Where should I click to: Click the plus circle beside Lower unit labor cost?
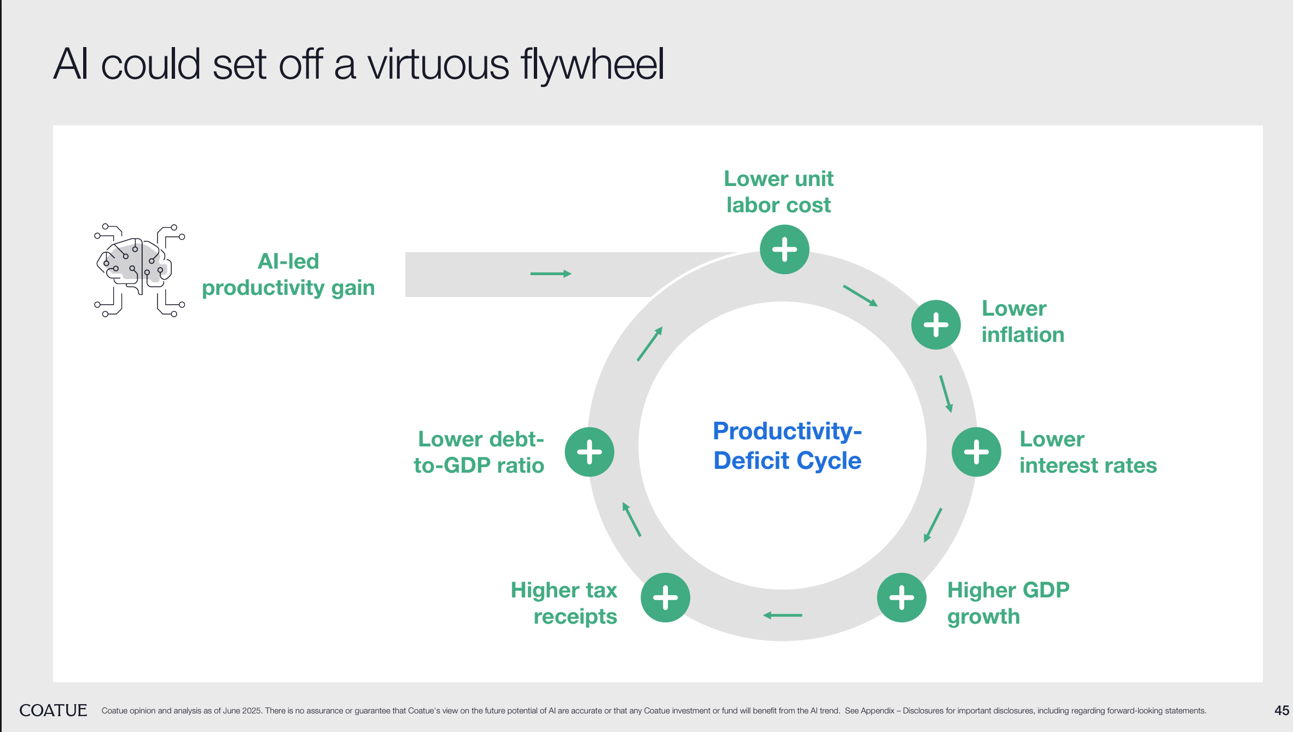[784, 249]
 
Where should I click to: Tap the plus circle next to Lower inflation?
[936, 324]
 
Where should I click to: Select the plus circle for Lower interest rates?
[976, 452]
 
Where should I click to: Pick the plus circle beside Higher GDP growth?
[901, 597]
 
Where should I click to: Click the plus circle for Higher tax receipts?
[665, 597]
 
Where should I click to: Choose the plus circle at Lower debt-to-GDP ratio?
[590, 452]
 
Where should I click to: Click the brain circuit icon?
[139, 270]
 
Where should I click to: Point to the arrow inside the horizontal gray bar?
[551, 274]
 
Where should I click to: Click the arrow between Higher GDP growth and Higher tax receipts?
[783, 615]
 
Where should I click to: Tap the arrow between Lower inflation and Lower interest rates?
[946, 394]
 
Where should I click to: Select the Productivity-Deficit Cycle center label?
[787, 445]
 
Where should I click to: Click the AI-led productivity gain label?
[288, 275]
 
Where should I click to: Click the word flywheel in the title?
[592, 65]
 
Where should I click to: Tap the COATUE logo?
[53, 710]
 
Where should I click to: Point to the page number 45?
[1282, 711]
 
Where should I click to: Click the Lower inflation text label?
[1023, 322]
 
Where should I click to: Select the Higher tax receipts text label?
[564, 603]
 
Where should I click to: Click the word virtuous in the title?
[438, 65]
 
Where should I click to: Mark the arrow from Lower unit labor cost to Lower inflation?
[860, 295]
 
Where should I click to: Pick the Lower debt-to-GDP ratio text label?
[479, 452]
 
